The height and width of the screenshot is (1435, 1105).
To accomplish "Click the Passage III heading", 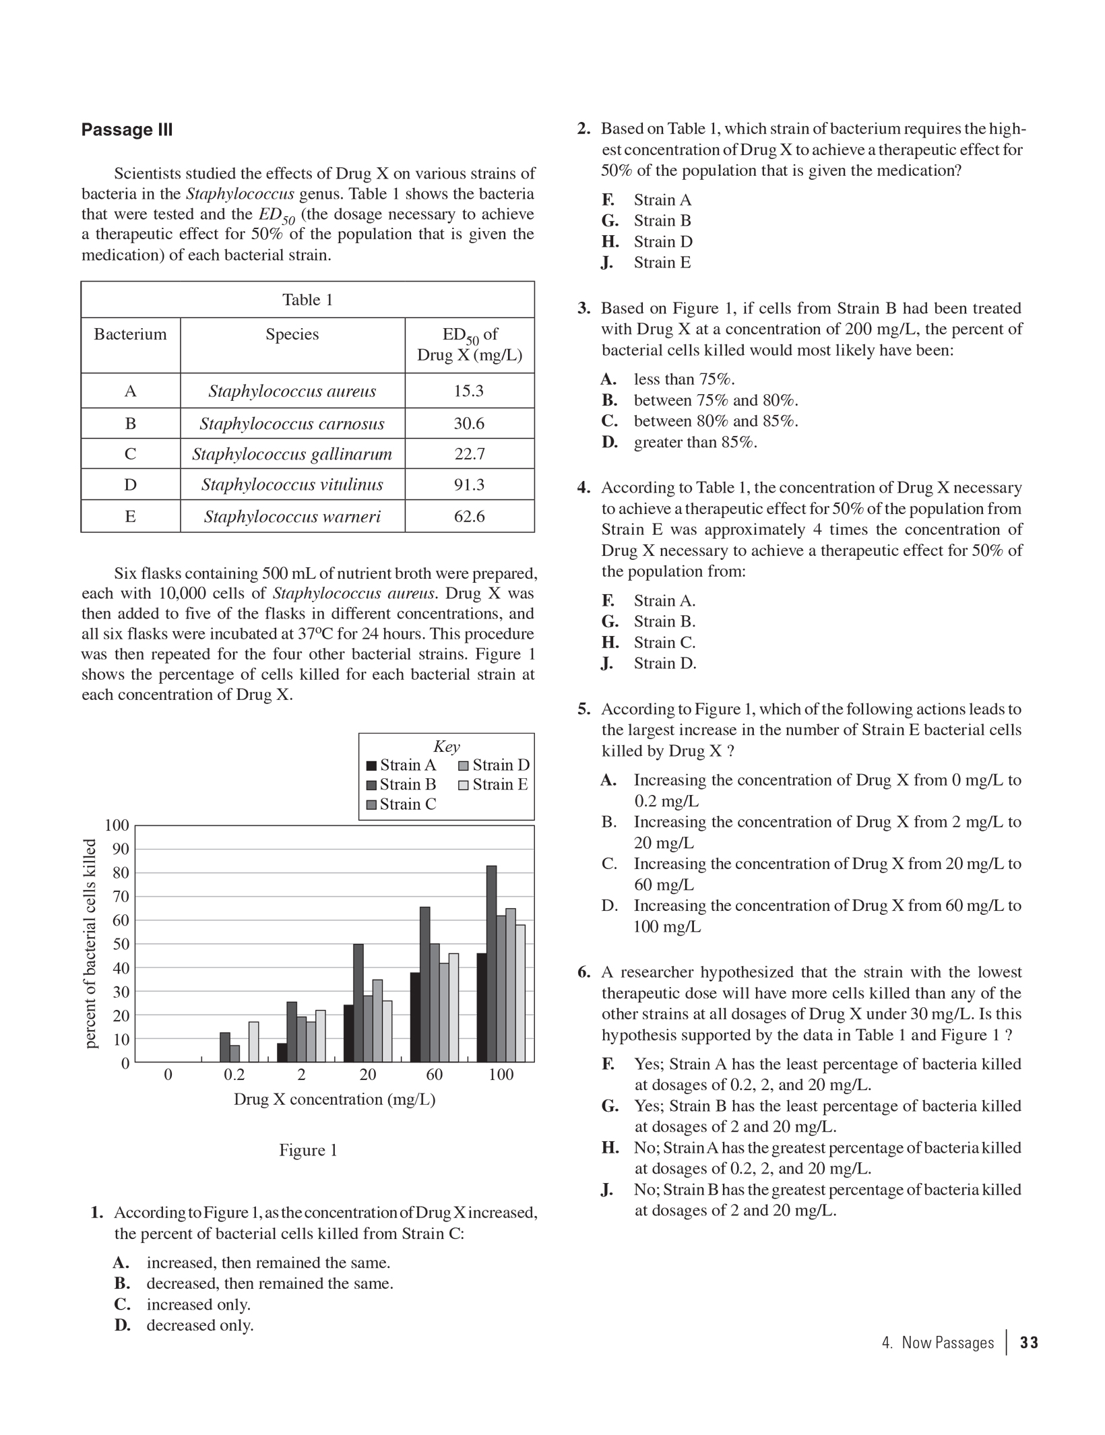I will (127, 130).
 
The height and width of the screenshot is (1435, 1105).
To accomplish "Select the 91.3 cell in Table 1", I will (469, 484).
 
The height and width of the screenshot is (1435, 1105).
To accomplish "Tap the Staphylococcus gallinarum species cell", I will (292, 454).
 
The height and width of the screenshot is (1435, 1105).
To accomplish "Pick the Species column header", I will (292, 335).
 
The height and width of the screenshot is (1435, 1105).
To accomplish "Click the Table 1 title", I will (307, 300).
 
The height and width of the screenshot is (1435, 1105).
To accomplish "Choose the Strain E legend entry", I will (493, 784).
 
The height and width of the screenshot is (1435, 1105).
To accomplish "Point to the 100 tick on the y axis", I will (117, 825).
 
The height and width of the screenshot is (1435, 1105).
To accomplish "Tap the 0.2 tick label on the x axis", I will (234, 1075).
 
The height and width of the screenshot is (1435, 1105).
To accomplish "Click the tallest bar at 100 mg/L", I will (491, 963).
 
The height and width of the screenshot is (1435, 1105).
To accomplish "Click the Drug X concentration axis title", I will (334, 1099).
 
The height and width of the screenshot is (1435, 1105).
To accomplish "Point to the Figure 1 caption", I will (308, 1150).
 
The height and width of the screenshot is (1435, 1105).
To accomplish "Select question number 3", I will (583, 309).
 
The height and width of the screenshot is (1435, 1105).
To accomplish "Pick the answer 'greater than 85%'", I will (695, 442).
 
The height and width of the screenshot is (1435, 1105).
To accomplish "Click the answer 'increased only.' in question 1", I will (198, 1304).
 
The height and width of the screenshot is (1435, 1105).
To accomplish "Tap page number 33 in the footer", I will (1029, 1343).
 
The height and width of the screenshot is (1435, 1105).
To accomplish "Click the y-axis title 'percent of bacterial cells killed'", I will (91, 943).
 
